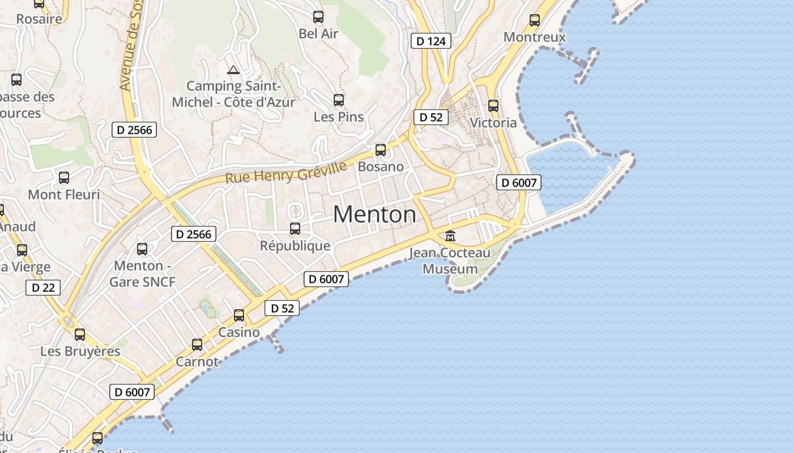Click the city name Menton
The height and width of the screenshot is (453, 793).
(374, 215)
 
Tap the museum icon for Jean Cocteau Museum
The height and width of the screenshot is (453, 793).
(450, 236)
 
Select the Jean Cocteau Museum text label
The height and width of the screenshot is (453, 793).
(450, 260)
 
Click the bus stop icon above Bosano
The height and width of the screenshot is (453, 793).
(381, 150)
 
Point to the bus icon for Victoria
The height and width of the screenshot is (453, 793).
(493, 105)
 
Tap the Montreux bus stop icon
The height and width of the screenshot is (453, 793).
(534, 20)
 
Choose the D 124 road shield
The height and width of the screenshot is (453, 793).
(431, 41)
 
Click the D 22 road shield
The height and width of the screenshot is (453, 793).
(43, 288)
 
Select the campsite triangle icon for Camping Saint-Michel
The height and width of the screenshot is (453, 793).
(233, 70)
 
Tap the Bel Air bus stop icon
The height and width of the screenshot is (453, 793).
(318, 17)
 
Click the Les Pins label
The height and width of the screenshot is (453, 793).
(339, 117)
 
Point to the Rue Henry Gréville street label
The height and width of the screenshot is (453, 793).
(286, 172)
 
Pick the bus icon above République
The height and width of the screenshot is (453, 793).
(295, 229)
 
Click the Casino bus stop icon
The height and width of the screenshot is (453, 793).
(239, 315)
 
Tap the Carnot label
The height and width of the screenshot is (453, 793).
(197, 361)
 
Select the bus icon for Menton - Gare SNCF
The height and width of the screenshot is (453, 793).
(142, 249)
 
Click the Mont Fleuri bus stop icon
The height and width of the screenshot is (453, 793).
(64, 178)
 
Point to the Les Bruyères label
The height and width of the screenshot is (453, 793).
(80, 351)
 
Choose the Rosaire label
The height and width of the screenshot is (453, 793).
(39, 19)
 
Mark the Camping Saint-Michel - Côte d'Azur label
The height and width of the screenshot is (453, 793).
(233, 94)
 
